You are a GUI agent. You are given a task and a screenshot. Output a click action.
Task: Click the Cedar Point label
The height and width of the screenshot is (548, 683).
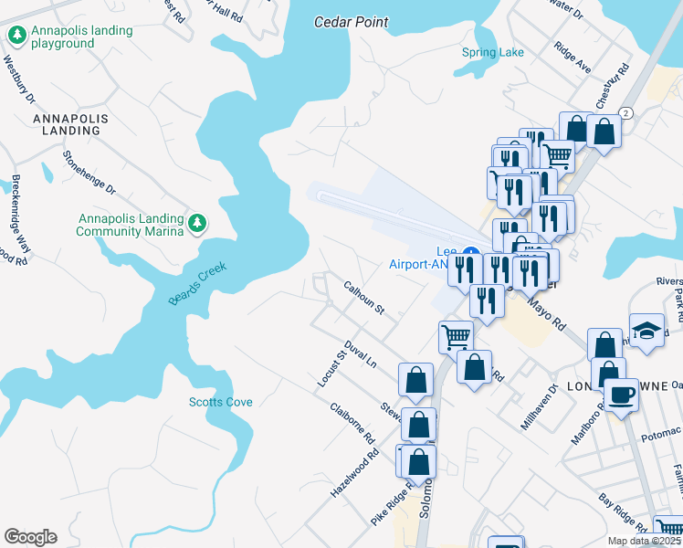pos(351,22)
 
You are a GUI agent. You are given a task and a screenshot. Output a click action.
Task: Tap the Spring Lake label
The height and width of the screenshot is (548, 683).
pos(493,52)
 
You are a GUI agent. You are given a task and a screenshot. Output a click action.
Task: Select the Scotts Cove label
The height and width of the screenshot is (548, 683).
pos(221,402)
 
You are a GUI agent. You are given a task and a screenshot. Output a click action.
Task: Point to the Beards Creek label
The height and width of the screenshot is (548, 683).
pos(197,284)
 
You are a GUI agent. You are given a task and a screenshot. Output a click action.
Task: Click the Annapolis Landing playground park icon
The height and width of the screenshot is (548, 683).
pos(16,36)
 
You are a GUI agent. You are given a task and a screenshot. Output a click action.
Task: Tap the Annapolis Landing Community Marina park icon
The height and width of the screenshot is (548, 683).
pos(196,223)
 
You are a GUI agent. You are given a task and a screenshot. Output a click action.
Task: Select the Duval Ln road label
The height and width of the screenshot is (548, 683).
pos(360,354)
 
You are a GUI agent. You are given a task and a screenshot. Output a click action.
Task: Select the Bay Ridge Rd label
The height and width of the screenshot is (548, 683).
pos(623,514)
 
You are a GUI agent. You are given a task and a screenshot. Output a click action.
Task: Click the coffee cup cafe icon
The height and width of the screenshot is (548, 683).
pos(622,395)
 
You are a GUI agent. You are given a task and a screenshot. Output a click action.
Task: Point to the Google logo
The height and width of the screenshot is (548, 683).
pos(30,537)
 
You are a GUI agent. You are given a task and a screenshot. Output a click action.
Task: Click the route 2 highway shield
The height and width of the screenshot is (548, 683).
pos(625,112)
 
